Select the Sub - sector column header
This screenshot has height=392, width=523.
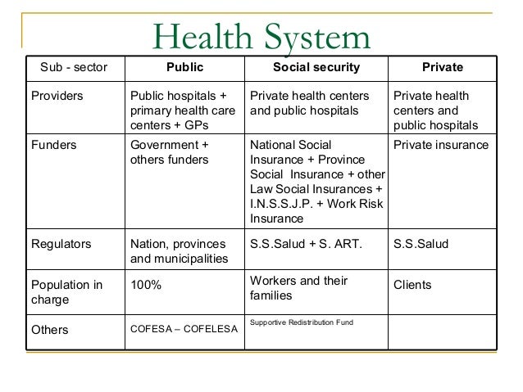click(74, 67)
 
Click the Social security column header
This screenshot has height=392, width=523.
click(316, 67)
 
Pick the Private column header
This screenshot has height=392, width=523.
click(443, 67)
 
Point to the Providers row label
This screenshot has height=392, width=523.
click(57, 96)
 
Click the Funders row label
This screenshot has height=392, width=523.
click(53, 145)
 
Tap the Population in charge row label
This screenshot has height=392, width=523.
click(66, 292)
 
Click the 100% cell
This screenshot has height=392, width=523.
click(147, 286)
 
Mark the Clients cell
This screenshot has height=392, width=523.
click(412, 286)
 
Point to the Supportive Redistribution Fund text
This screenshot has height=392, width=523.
click(301, 322)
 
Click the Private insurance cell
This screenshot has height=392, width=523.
click(441, 145)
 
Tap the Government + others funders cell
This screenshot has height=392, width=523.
click(170, 152)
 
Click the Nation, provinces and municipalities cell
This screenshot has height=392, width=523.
click(180, 251)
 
